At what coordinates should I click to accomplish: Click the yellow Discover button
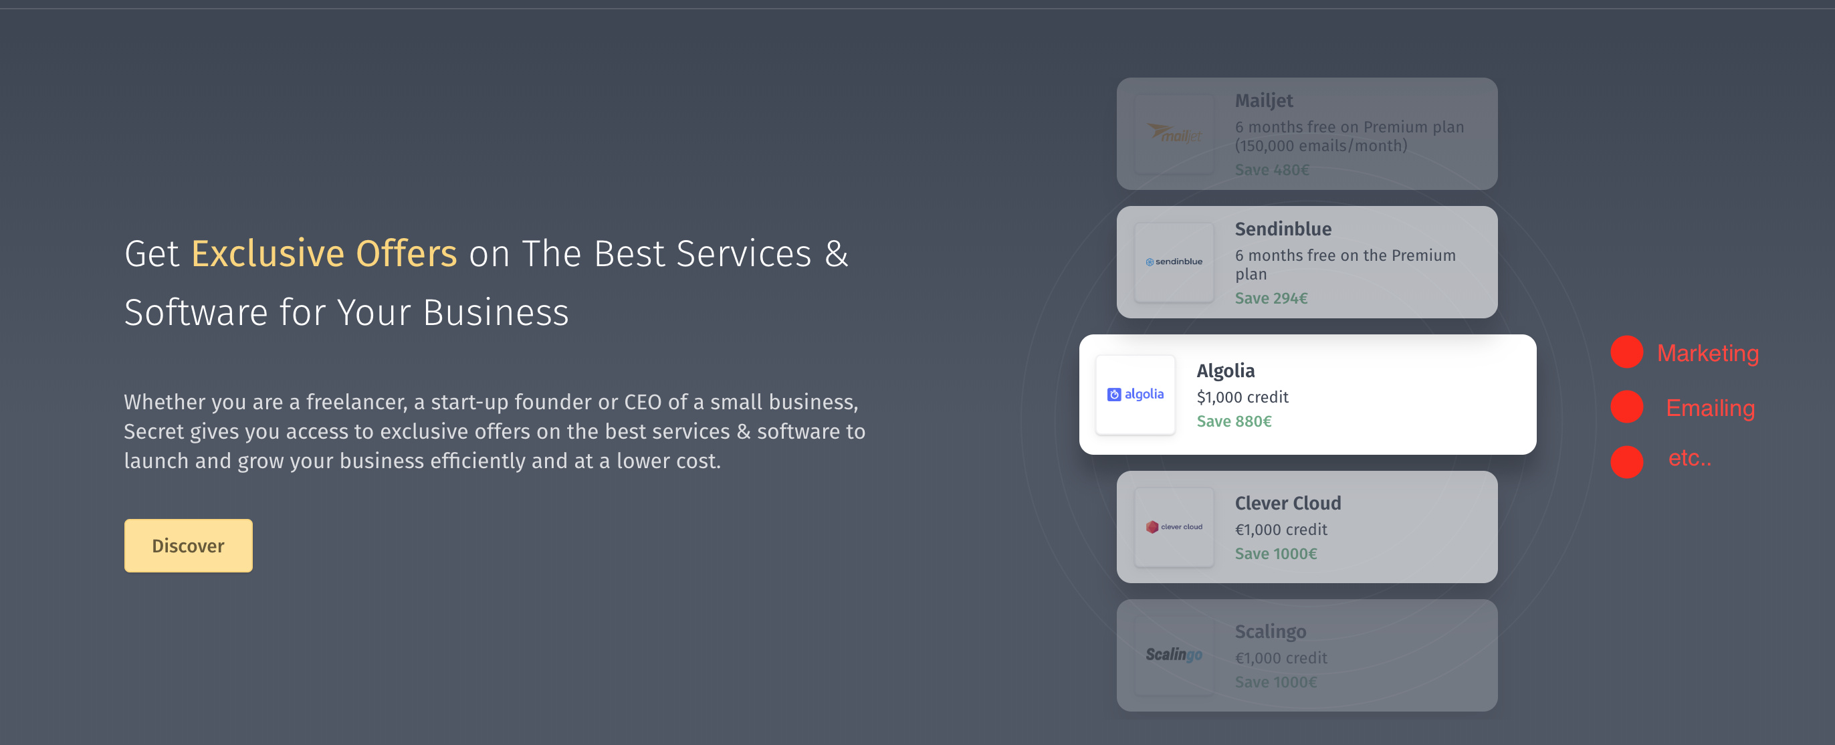[188, 546]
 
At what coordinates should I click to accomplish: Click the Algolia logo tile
[1135, 395]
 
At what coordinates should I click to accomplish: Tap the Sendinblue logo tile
[1174, 262]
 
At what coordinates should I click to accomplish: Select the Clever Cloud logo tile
[1174, 527]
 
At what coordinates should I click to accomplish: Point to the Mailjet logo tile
[1174, 134]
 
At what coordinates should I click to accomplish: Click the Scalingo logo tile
[1174, 655]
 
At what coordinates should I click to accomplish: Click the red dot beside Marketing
[1627, 352]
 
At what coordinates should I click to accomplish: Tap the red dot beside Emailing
[1627, 407]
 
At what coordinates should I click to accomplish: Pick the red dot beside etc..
[1627, 461]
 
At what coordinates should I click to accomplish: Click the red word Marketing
[1707, 353]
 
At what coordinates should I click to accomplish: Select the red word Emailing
[1711, 408]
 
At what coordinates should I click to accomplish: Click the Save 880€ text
[1234, 421]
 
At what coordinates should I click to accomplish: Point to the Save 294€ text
[1271, 298]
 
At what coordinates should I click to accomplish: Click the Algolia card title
[1225, 371]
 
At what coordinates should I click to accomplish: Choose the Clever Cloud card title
[1288, 504]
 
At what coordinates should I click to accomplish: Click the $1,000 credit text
[1243, 397]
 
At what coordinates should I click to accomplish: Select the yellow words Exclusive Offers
[324, 253]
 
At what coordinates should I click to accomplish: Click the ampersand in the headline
[837, 253]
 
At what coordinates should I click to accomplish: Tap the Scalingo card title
[1270, 633]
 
